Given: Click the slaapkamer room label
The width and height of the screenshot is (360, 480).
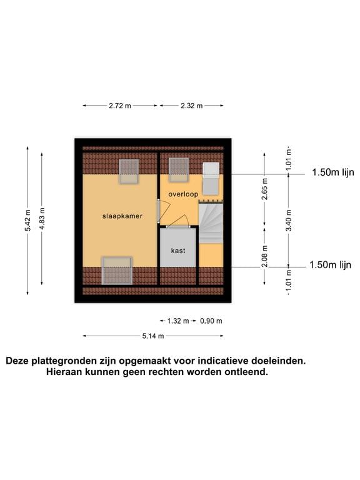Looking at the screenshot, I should point(122,216).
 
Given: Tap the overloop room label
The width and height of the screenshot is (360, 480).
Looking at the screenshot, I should point(183,194).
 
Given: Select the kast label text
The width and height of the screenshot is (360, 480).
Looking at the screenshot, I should point(178,251).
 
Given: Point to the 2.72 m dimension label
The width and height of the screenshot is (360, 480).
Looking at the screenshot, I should point(120,106).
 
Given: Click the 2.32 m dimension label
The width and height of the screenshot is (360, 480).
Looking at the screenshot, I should point(191,106).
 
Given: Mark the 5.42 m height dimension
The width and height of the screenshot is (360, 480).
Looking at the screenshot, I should point(27,221).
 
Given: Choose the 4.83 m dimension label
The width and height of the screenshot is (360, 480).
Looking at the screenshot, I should point(42,221).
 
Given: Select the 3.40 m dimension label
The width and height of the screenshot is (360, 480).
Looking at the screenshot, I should point(289,221).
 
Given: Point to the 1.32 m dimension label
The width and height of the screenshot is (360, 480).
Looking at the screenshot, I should point(178,321).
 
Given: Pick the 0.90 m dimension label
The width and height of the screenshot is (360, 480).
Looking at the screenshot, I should point(211,321).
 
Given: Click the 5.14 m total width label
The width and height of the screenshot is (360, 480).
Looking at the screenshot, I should point(152,336).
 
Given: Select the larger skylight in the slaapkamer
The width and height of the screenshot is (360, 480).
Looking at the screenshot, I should point(117,269).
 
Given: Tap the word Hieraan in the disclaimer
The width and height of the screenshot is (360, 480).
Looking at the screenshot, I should point(66,371).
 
